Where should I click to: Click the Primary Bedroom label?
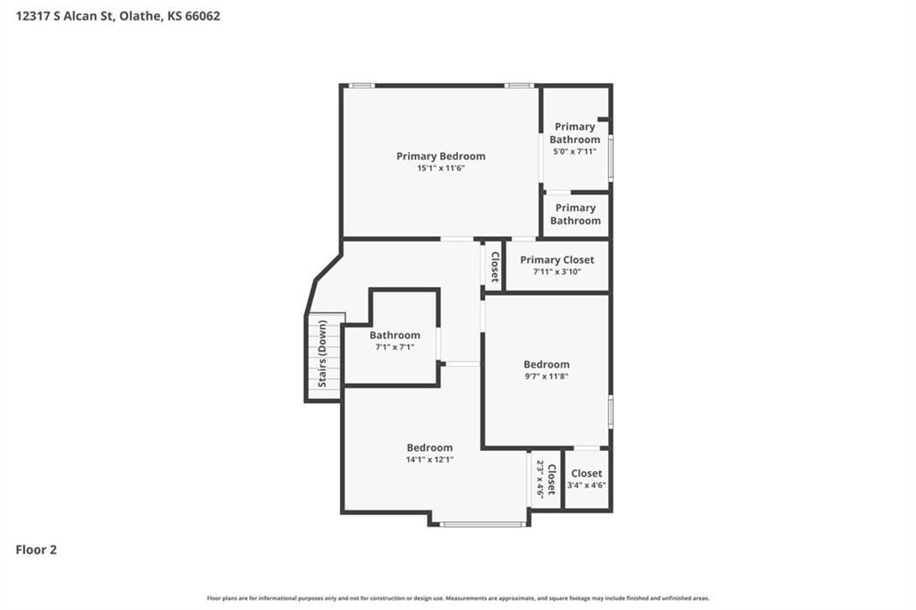coord(440,156)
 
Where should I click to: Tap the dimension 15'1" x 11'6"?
coord(440,168)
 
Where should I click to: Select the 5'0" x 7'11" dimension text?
coord(575,151)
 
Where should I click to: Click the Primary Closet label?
coord(556,259)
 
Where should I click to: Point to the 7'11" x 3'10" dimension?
coord(556,272)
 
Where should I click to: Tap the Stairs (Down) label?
coord(322,353)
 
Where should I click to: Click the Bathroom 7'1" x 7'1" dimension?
coord(394,347)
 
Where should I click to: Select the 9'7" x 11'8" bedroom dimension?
coord(547,377)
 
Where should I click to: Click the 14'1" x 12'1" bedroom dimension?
coord(429,460)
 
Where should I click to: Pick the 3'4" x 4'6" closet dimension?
coord(587,485)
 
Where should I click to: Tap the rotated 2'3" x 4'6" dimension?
coord(540,479)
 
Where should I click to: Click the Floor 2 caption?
coord(36,550)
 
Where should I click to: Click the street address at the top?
coord(118,16)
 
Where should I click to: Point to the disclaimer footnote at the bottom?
coord(458,598)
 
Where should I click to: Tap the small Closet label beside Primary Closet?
coord(495,267)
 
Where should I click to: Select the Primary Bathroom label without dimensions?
coord(575,214)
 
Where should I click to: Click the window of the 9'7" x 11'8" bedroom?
coord(610,412)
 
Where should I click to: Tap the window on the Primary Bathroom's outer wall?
coord(610,157)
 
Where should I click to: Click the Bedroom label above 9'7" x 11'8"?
coord(547,364)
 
